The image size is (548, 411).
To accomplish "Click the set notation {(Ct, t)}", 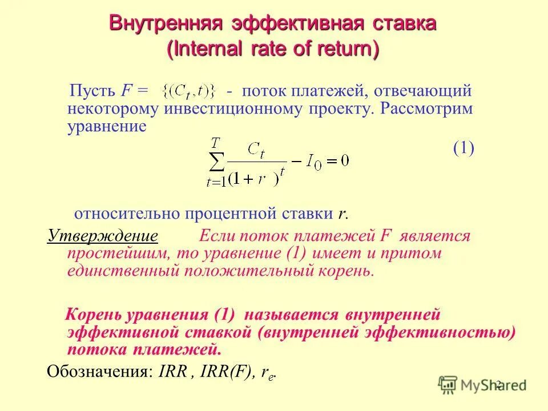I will [x=189, y=90].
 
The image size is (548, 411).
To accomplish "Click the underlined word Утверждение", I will [x=103, y=236].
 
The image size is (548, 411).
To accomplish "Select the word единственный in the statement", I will [x=122, y=270].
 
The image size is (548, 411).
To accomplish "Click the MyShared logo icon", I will [x=448, y=384].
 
